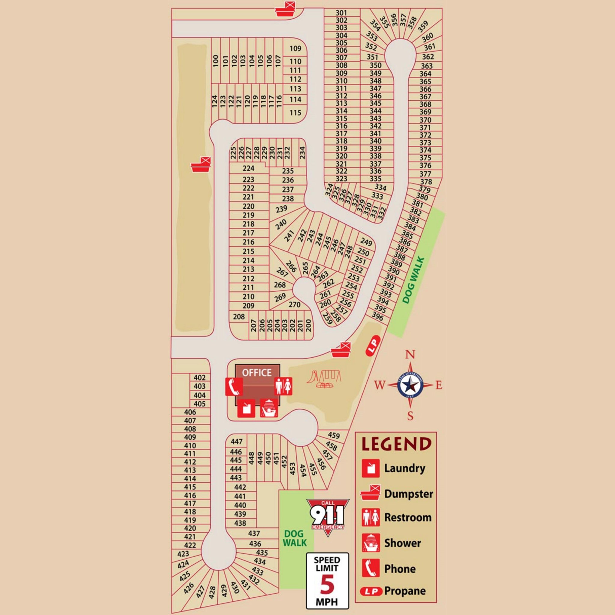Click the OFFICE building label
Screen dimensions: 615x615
coord(256,372)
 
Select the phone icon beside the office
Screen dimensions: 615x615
coord(234,387)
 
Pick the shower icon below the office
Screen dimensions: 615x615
coord(269,408)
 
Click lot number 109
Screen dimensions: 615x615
coord(295,49)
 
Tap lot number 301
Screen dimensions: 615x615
coord(341,13)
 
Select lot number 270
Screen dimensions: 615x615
coord(295,304)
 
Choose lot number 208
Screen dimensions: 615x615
coord(239,317)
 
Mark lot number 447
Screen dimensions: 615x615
coord(237,441)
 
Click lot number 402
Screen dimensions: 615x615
coord(200,377)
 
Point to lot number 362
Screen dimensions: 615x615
coord(428,57)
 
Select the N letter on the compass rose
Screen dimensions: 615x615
coord(410,354)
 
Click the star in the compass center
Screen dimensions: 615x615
coord(410,385)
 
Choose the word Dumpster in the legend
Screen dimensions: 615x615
coord(408,494)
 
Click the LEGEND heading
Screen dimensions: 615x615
coord(396,444)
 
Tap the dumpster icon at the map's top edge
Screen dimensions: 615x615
coord(286,9)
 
